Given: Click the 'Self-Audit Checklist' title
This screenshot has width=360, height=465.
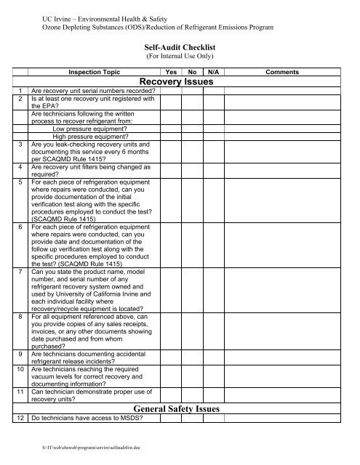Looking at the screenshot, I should [179, 45].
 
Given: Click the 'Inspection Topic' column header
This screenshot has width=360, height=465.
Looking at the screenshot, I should [95, 73].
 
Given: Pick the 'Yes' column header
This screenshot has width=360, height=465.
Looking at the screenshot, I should [172, 73].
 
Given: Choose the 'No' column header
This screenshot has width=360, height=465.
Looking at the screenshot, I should [192, 73].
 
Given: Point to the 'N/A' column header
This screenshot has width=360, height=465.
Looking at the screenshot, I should [214, 73].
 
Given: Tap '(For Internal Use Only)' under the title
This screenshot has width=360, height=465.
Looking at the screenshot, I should [179, 54].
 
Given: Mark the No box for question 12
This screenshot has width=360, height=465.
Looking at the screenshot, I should [192, 421].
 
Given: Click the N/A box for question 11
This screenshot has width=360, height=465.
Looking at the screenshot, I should [214, 397].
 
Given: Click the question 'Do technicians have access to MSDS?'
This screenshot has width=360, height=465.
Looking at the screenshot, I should [87, 421].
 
